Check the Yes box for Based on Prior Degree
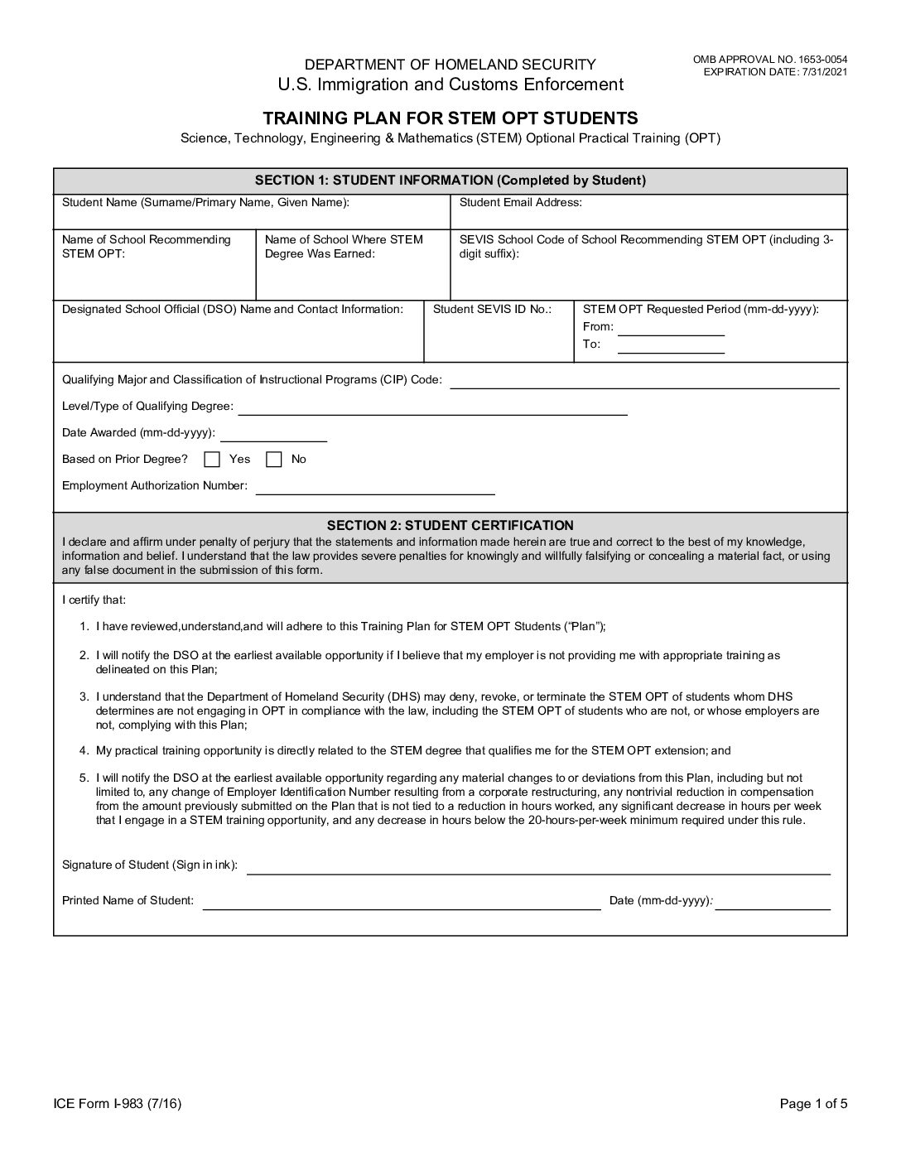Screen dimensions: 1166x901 (x=212, y=460)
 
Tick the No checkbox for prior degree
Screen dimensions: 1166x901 (x=274, y=460)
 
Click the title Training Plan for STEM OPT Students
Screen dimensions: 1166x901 (x=450, y=118)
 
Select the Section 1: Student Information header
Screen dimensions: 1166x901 (x=450, y=181)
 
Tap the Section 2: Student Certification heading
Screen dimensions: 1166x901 (x=450, y=525)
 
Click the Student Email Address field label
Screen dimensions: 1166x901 (x=520, y=202)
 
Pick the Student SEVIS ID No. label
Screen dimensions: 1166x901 (x=492, y=309)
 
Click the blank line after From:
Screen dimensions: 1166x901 (x=671, y=334)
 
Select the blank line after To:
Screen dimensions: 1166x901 (x=671, y=351)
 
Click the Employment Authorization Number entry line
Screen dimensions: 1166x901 (x=375, y=492)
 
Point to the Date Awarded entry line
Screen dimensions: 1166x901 (x=273, y=440)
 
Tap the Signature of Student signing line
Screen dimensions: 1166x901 (x=538, y=872)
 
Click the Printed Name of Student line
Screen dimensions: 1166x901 (x=402, y=908)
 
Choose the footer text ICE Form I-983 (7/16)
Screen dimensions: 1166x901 (x=118, y=1103)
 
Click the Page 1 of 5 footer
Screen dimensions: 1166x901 (x=813, y=1103)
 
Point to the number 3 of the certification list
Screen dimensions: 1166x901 (x=84, y=697)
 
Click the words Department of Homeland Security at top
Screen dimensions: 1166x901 (x=450, y=65)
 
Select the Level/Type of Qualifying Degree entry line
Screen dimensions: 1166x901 (x=432, y=412)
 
